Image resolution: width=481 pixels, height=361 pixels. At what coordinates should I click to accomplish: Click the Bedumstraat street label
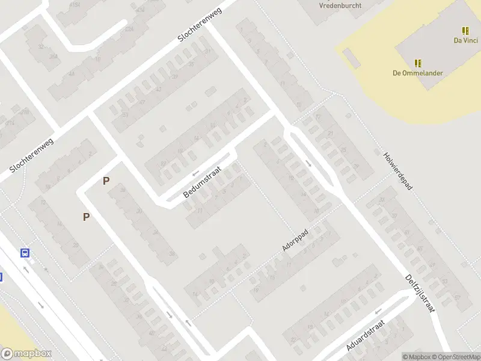[x=203, y=182]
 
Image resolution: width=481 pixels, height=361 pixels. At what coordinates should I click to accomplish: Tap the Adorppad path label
[x=295, y=239]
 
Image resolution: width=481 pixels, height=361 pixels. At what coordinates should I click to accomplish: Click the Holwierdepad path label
[x=398, y=170]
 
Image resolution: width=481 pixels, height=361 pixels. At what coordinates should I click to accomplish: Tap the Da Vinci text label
[x=465, y=41]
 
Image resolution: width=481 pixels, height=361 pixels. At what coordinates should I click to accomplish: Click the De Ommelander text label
[x=418, y=73]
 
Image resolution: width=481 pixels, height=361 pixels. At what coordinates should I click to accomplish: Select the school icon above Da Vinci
[x=465, y=30]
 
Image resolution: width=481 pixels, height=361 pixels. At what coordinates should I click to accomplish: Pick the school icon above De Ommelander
[x=418, y=63]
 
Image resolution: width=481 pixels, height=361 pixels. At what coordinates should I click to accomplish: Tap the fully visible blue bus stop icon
[x=25, y=253]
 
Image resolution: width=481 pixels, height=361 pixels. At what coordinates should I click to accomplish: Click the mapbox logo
[x=26, y=354]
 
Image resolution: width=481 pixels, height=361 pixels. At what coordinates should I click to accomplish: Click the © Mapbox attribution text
[x=416, y=357]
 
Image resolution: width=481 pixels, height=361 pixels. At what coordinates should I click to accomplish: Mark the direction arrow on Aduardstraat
[x=378, y=312]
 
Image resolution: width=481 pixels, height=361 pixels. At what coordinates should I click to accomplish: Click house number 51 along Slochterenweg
[x=125, y=115]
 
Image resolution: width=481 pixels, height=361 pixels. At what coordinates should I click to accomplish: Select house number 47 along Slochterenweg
[x=142, y=102]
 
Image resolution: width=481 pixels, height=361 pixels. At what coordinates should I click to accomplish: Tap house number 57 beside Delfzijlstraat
[x=459, y=297]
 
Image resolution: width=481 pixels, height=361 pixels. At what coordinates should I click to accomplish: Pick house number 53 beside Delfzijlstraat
[x=445, y=280]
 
